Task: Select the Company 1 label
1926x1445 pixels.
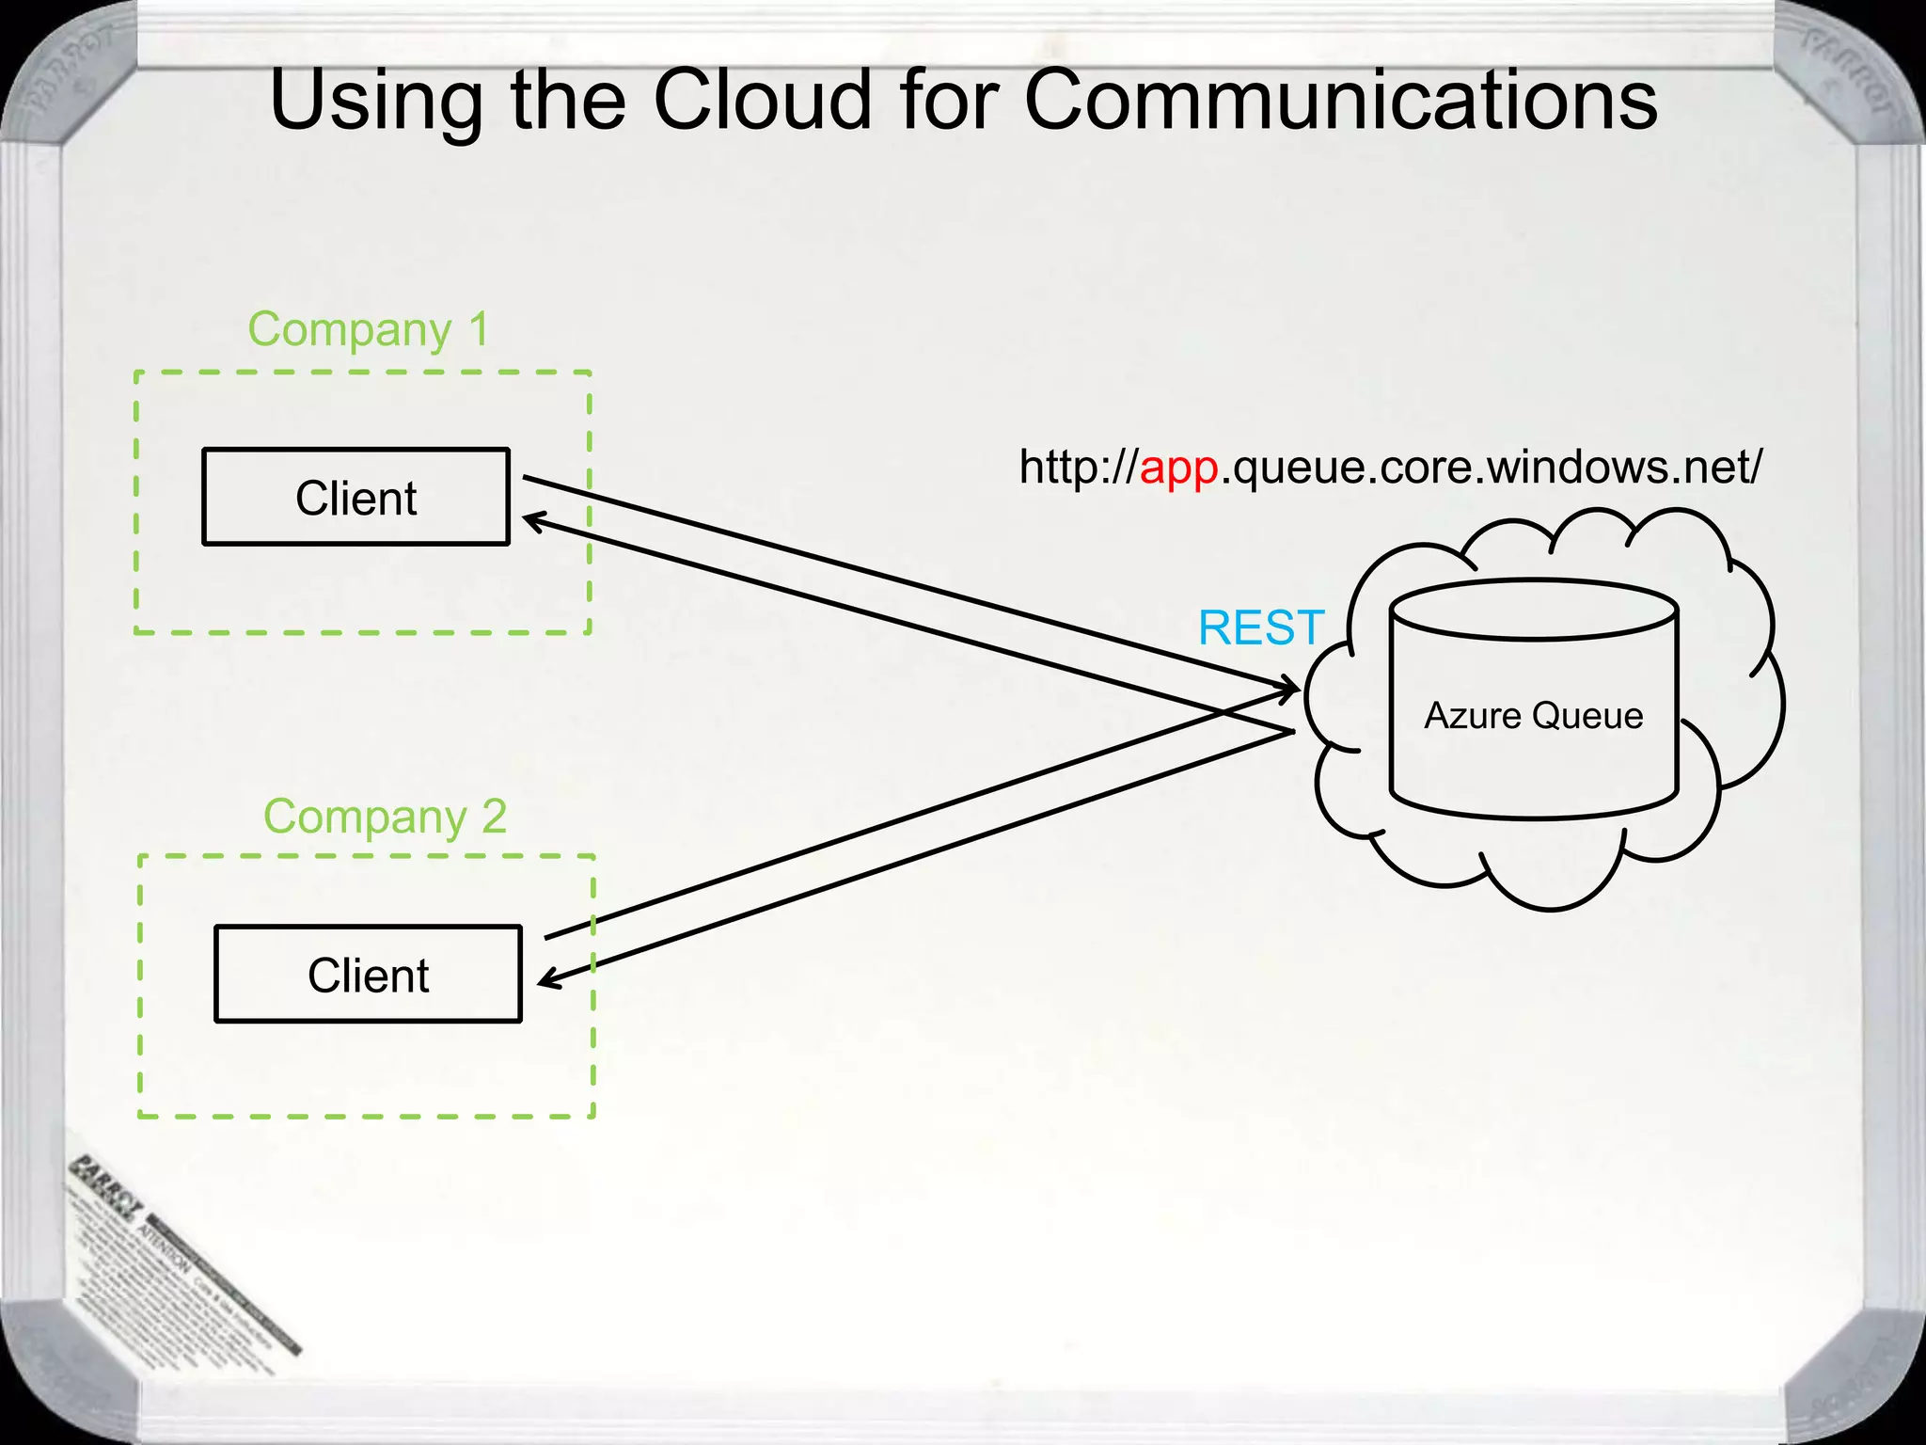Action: pos(368,330)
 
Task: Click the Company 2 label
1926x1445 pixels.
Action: pos(385,817)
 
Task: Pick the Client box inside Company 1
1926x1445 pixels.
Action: pos(355,498)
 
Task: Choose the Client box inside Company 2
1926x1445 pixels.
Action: pos(368,975)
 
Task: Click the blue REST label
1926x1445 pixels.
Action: pos(1260,628)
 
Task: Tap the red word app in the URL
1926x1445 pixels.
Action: pos(1178,468)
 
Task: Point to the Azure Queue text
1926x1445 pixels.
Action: pos(1533,716)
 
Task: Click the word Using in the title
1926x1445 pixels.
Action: pos(375,102)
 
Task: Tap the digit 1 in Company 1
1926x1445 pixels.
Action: pos(479,330)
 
